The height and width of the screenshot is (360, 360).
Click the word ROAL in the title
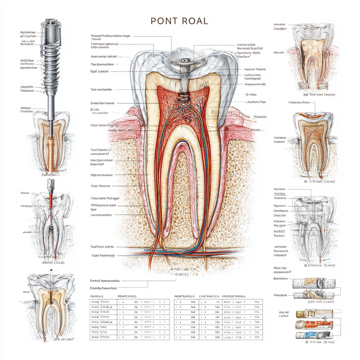point(195,21)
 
